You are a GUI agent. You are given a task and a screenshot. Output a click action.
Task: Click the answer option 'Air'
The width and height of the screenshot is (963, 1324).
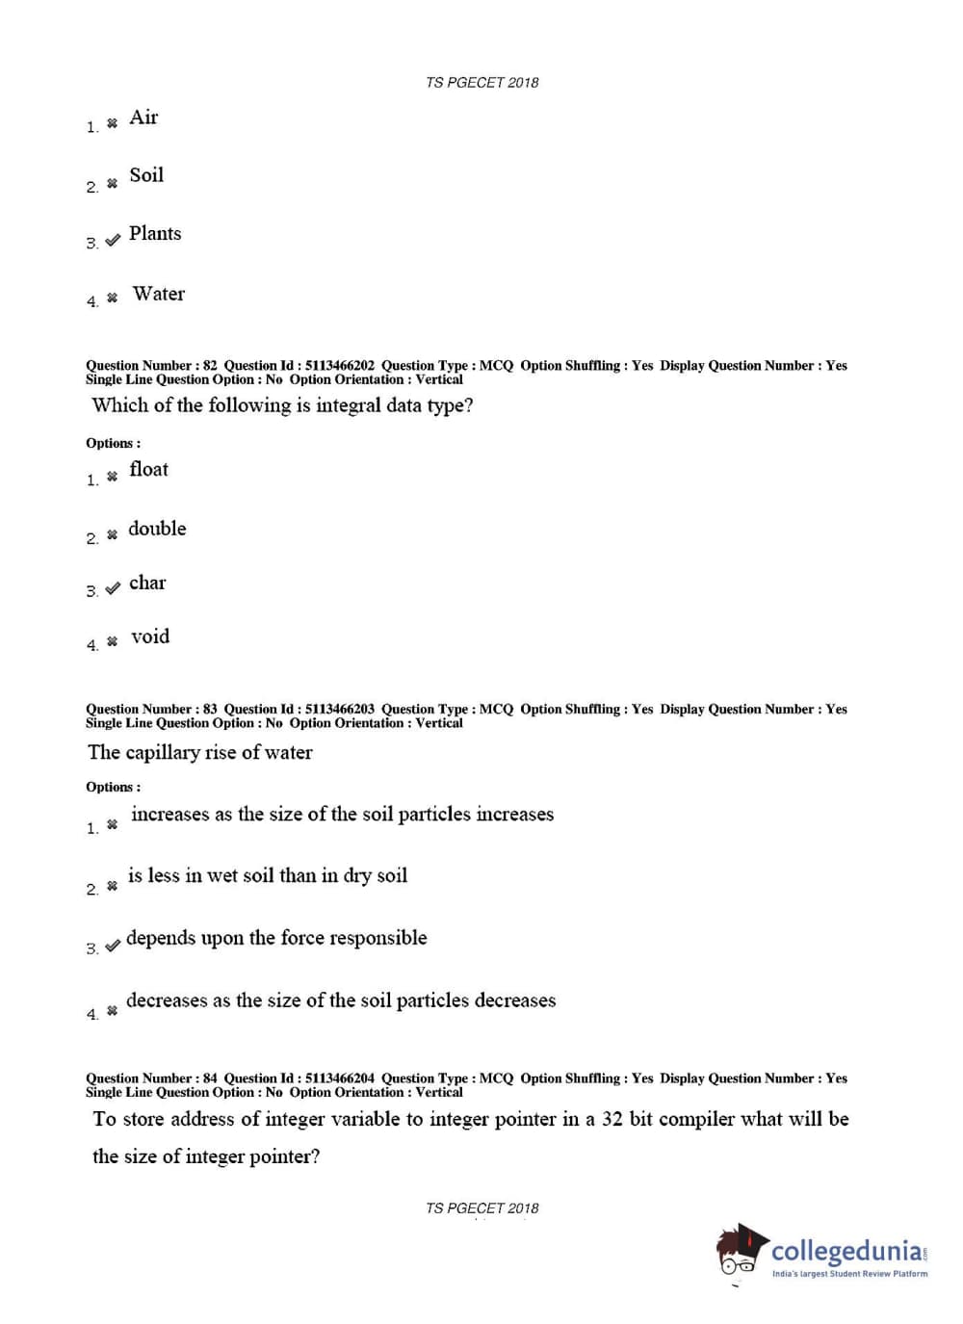143,117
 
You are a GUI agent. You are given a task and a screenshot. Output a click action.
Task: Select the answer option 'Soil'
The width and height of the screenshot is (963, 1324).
146,175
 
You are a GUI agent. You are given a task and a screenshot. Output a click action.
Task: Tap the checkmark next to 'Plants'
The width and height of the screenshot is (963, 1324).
113,240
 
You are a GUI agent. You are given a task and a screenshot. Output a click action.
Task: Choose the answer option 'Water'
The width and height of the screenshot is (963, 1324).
159,294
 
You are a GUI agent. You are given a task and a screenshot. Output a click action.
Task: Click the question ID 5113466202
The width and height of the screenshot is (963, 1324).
339,366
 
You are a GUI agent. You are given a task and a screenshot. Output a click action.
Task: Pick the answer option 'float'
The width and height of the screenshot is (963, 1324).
148,469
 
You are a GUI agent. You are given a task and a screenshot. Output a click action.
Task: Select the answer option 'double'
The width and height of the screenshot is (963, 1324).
157,529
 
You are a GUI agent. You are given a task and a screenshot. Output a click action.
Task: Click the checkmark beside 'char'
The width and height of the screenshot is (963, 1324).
113,587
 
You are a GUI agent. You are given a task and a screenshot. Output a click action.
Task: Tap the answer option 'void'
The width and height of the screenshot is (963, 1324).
150,636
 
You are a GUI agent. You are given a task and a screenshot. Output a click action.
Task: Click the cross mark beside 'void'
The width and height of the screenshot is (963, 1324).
113,641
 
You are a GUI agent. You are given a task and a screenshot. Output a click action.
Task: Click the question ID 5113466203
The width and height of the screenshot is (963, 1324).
339,710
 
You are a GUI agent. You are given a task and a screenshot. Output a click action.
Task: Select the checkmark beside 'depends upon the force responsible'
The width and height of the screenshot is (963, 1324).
113,946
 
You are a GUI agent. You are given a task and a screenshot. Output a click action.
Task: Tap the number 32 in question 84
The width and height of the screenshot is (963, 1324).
612,1119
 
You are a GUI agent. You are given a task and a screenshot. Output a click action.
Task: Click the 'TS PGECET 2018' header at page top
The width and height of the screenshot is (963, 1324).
481,83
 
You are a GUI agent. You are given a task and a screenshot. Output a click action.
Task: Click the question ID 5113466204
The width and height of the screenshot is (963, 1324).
339,1078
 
